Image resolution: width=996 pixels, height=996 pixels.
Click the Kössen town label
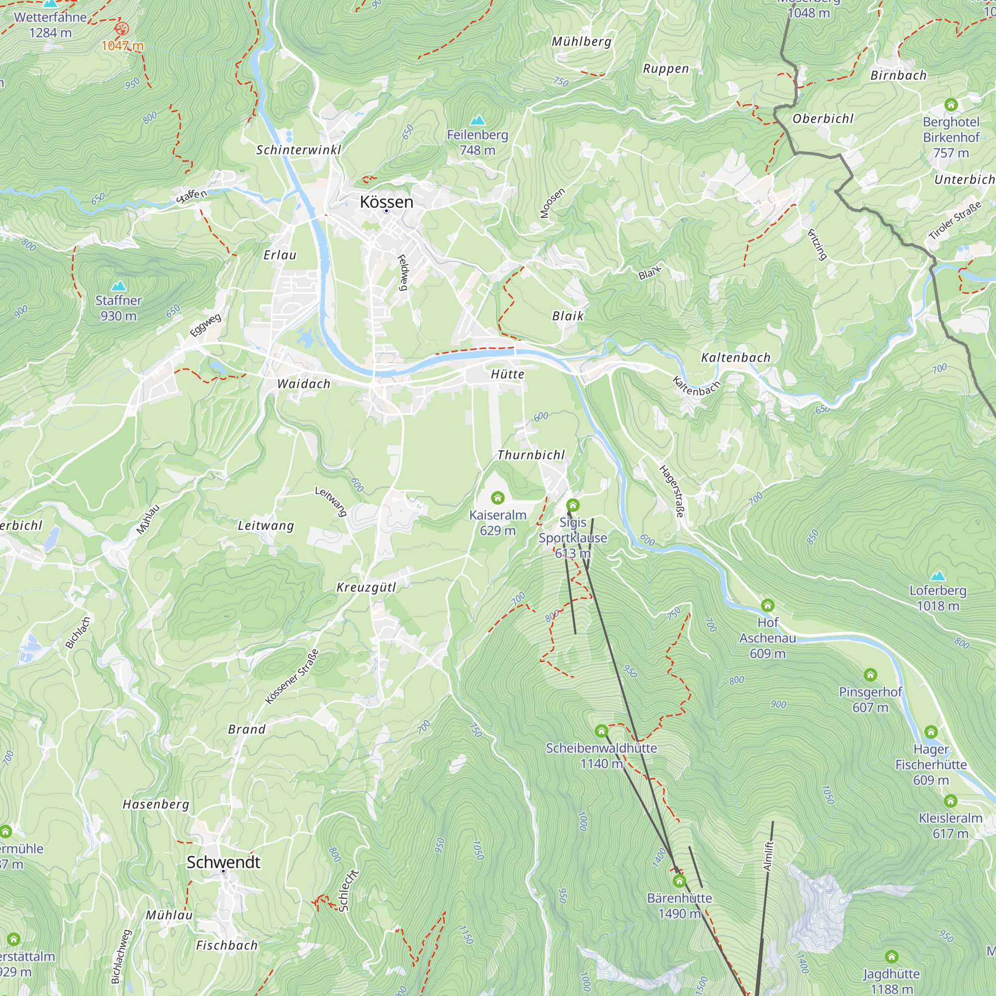click(386, 202)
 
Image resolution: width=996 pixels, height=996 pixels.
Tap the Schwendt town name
click(223, 862)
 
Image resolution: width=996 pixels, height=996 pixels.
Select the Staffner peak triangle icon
click(119, 285)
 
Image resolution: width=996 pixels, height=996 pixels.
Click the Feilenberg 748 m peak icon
click(478, 120)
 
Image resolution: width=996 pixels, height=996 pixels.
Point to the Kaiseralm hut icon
click(498, 498)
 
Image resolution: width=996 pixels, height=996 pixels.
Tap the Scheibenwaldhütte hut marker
click(601, 731)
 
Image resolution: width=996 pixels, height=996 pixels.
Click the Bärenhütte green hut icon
click(679, 880)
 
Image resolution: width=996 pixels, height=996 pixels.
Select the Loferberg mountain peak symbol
click(938, 576)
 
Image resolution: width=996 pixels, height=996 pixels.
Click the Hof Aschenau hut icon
click(767, 605)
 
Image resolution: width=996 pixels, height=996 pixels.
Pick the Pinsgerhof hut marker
click(870, 675)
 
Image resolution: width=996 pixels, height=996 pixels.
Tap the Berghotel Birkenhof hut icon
click(951, 105)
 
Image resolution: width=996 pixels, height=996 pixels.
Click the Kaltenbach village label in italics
click(736, 357)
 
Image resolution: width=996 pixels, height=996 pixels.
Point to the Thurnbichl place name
click(531, 455)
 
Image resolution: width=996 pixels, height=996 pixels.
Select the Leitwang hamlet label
click(266, 525)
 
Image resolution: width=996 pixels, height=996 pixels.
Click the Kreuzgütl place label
click(366, 587)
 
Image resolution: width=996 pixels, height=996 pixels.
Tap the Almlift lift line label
click(767, 856)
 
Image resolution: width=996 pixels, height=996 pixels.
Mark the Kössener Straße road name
click(292, 677)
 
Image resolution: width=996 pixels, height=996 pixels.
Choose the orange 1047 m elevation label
click(122, 46)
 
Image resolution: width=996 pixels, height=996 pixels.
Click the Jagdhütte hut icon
click(891, 957)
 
